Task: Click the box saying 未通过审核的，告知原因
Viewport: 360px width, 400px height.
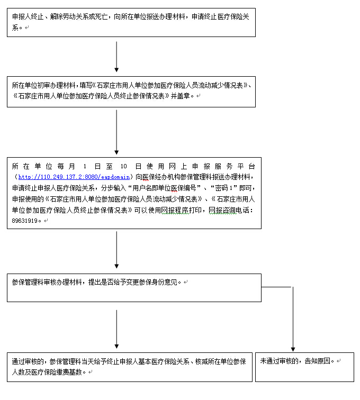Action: click(x=304, y=367)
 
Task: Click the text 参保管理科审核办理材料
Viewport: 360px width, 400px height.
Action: click(x=47, y=283)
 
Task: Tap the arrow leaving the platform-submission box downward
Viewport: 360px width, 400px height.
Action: click(x=116, y=250)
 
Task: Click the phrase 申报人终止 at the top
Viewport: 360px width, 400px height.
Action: click(x=29, y=17)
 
